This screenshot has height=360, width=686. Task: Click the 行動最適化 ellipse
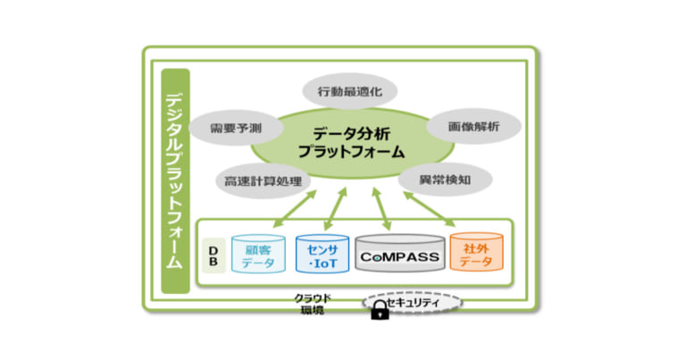[x=344, y=92]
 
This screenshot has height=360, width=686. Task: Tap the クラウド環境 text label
[x=314, y=304]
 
